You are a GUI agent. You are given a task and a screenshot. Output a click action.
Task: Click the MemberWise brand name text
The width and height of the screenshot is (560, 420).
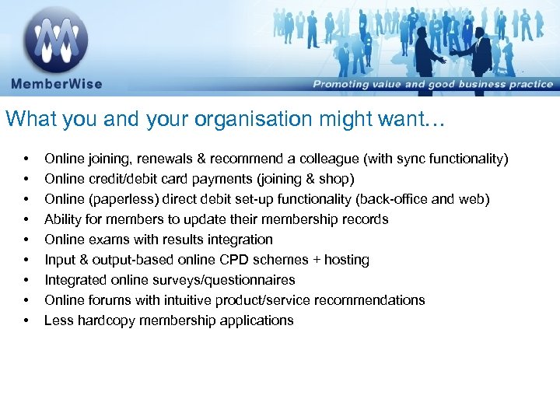[x=56, y=84]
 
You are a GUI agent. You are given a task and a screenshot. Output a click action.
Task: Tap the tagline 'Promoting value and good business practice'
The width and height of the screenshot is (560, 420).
[x=432, y=84]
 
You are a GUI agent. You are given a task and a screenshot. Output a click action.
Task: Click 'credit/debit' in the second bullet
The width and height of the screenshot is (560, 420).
[x=121, y=179]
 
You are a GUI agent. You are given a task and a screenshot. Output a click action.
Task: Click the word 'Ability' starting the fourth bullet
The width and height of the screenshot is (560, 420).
[x=62, y=219]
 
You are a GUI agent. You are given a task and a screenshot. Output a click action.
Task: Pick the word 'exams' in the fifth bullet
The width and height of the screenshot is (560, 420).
[x=105, y=240]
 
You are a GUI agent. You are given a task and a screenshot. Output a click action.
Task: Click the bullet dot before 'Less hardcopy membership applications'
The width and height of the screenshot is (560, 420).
[x=26, y=320]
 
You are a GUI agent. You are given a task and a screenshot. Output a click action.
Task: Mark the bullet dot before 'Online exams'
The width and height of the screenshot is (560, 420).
[x=26, y=240]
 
